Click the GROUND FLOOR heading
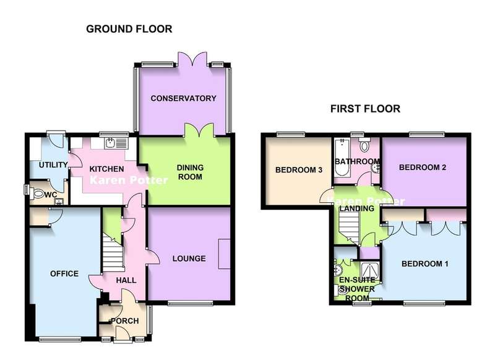tap(129, 29)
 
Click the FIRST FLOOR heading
tap(365, 109)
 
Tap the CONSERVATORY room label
tap(183, 98)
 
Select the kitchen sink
tap(116, 143)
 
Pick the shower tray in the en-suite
tap(369, 272)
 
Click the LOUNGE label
tap(189, 259)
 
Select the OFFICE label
tap(64, 274)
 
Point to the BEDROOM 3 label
tap(299, 170)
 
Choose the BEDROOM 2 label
tap(423, 168)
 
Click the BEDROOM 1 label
tap(425, 264)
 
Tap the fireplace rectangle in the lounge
tap(225, 254)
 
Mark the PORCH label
tap(125, 321)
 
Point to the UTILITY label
tap(53, 165)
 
